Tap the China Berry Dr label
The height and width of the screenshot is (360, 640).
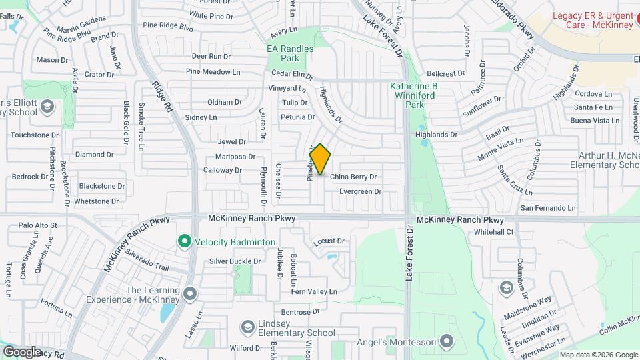coord(353,177)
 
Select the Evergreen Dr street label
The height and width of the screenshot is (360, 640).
coord(360,191)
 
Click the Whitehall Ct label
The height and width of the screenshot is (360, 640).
coord(493,232)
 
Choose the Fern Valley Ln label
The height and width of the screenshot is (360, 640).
coord(314,291)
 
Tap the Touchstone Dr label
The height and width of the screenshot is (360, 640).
coord(35,135)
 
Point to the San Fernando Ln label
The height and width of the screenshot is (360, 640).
coord(547,208)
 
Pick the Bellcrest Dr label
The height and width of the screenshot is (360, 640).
coord(446,73)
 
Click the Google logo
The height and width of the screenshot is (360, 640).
coord(22,351)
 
